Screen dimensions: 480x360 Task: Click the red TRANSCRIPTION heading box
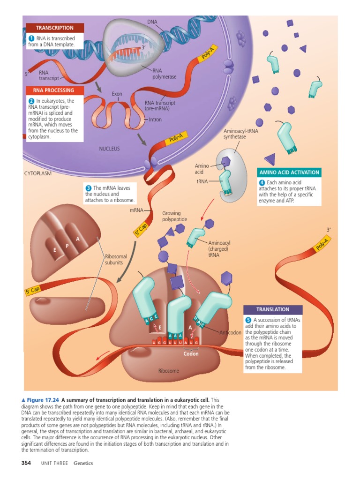coord(55,28)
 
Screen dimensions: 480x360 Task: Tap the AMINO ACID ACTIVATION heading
coord(289,172)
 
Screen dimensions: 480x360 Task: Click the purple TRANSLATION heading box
coord(273,310)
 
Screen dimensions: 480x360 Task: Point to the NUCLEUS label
coord(109,149)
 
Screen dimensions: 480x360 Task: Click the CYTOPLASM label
coord(37,173)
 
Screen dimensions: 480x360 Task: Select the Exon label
coord(117,94)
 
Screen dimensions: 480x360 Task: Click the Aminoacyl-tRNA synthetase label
coord(241,134)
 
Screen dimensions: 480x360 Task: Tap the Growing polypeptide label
coord(174,216)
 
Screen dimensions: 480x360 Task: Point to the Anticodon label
coord(230,333)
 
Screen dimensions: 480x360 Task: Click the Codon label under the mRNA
coord(191,354)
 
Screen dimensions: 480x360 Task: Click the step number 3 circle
coord(88,188)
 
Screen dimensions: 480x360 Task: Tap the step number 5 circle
coord(248,320)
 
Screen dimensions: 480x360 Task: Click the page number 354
coord(26,463)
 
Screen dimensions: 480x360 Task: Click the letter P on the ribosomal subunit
coord(67,246)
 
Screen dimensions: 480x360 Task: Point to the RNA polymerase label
coord(164,74)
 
